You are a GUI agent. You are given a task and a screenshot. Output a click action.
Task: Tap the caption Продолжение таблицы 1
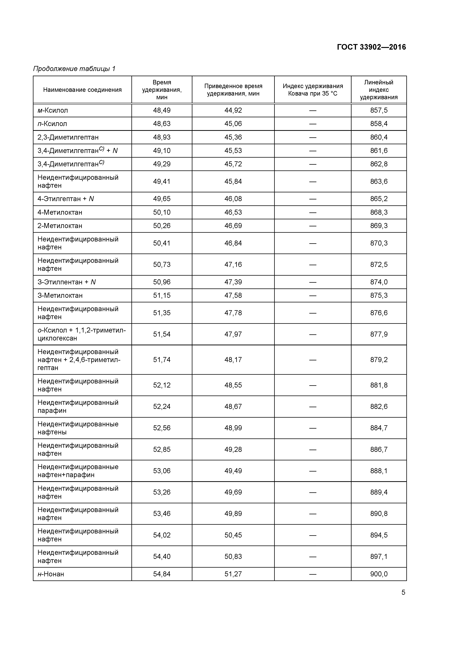click(x=74, y=69)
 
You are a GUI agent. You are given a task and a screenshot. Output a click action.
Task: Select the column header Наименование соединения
click(x=82, y=90)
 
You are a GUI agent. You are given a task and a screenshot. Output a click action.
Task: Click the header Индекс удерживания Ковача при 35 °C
click(x=313, y=90)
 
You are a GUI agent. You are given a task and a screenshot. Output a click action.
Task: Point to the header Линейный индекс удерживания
click(x=379, y=90)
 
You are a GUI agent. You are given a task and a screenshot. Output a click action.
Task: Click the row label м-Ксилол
click(x=53, y=110)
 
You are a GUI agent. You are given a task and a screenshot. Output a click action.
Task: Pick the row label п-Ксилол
click(x=52, y=124)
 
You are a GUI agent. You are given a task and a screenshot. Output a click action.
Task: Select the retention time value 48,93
click(x=162, y=137)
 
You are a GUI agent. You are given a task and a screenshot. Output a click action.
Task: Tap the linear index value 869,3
click(x=379, y=226)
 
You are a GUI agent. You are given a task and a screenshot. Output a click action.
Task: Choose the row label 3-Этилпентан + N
click(x=67, y=282)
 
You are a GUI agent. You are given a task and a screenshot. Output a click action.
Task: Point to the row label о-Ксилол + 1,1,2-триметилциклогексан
click(x=82, y=334)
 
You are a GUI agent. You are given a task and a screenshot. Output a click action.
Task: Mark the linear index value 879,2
click(x=379, y=359)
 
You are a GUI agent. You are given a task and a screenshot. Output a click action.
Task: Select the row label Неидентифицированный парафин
click(x=78, y=406)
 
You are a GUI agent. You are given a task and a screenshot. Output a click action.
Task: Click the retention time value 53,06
click(x=162, y=471)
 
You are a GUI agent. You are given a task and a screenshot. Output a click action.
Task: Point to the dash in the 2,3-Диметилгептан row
click(x=313, y=137)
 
